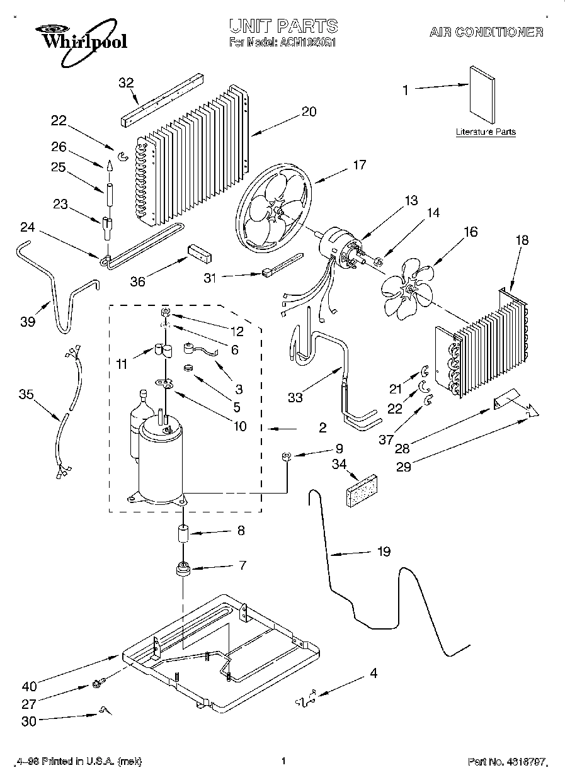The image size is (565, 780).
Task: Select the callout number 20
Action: pyautogui.click(x=309, y=112)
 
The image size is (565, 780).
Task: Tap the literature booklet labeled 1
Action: pyautogui.click(x=482, y=94)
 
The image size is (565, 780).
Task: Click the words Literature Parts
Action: pyautogui.click(x=486, y=132)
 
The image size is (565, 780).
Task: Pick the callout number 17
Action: pyautogui.click(x=359, y=166)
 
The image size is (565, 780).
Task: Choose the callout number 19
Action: pyautogui.click(x=384, y=552)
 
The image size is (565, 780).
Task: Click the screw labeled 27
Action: pyautogui.click(x=98, y=682)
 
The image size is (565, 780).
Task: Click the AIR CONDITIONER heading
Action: pyautogui.click(x=486, y=31)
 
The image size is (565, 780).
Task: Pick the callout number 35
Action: pyautogui.click(x=26, y=395)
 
